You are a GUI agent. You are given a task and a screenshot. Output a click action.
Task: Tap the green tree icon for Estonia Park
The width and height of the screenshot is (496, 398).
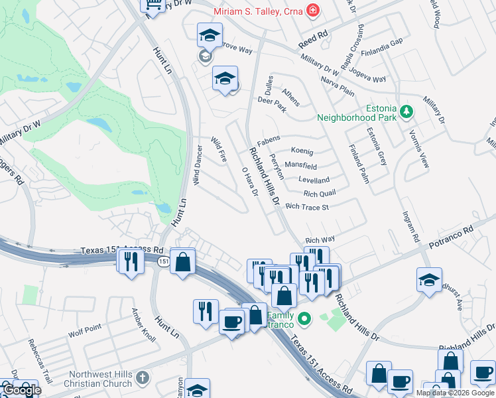tap(408, 111)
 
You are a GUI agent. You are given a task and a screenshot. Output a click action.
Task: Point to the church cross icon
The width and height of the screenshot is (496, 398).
tap(141, 378)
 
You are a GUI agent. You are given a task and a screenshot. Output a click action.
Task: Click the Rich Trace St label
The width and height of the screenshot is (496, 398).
tap(307, 207)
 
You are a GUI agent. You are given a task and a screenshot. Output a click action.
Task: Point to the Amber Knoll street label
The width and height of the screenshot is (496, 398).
tap(143, 325)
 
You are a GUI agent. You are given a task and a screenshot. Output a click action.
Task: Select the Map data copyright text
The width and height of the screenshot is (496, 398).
tap(455, 393)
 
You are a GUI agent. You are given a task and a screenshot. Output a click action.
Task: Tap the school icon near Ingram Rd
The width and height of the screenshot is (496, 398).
tap(429, 280)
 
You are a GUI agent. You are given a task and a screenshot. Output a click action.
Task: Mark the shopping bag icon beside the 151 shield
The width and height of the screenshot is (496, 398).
tap(182, 261)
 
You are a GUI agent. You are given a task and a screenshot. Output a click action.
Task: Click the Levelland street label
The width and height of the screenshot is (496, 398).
tap(314, 180)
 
